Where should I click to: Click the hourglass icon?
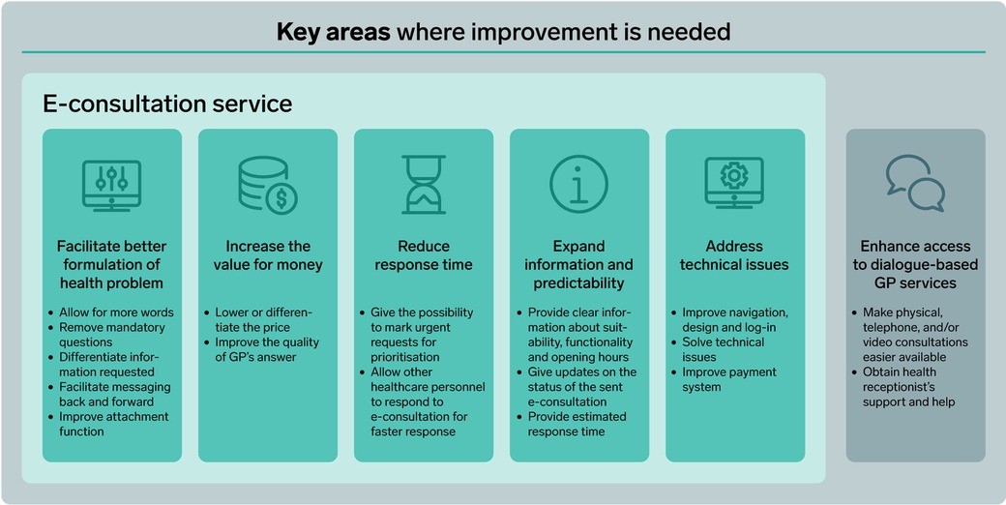tap(424, 185)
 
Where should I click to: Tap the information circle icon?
tap(579, 184)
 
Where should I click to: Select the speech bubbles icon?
tap(915, 184)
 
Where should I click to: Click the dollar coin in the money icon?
tap(281, 199)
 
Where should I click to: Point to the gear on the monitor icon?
tap(734, 175)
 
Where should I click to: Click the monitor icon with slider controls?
tap(111, 185)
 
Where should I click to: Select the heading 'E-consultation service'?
tap(167, 104)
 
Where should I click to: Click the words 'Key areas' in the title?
tap(333, 32)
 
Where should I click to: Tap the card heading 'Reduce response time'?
tap(424, 255)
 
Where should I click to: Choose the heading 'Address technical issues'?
tap(734, 255)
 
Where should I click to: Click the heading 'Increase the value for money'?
tap(268, 255)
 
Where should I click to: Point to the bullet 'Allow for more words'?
tap(117, 312)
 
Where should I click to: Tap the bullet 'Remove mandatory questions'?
tap(112, 335)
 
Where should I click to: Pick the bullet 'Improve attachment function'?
tap(114, 424)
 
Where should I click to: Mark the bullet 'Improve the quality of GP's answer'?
tap(267, 349)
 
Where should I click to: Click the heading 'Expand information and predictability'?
tap(579, 264)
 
